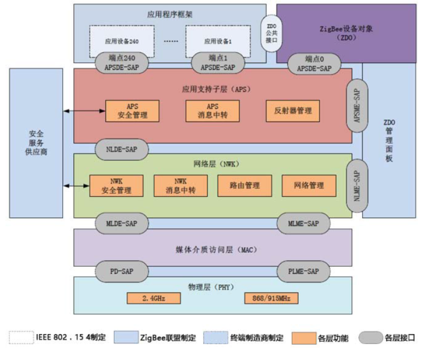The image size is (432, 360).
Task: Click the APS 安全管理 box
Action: [x=132, y=111]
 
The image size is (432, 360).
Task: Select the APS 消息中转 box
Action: [x=213, y=111]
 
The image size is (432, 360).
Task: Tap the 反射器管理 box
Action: [x=293, y=111]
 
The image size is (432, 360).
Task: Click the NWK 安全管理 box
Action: [x=116, y=186]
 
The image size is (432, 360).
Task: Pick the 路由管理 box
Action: [x=244, y=186]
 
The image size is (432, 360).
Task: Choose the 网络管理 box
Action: [x=309, y=186]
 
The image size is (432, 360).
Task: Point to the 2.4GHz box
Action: [x=153, y=298]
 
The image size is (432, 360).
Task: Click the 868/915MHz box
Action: [x=271, y=298]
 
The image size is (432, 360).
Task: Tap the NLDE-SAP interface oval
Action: [x=122, y=149]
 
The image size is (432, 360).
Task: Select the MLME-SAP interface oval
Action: [x=303, y=223]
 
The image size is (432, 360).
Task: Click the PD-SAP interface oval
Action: [x=122, y=271]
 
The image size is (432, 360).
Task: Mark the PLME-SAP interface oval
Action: [x=303, y=271]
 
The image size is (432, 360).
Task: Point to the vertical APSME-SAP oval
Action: [x=357, y=106]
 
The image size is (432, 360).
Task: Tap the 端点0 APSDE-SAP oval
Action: [x=315, y=63]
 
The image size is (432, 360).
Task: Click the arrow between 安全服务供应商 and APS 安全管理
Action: [x=84, y=111]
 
